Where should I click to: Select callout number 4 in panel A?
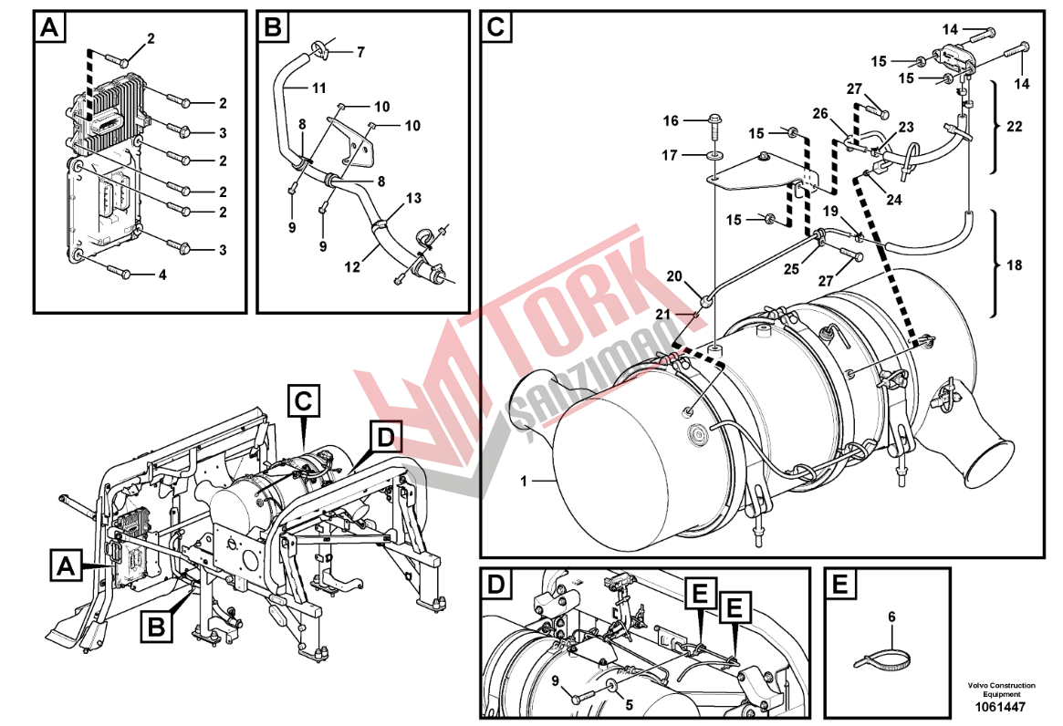click(163, 274)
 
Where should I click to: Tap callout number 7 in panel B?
click(360, 53)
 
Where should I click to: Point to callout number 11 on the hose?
click(318, 88)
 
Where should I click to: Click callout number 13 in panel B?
click(413, 198)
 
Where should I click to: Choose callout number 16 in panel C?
click(672, 120)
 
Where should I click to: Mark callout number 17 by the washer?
click(672, 156)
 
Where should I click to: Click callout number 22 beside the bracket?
click(1014, 127)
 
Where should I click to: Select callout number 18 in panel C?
click(1014, 265)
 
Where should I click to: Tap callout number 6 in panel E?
click(892, 617)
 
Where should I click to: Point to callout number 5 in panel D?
click(628, 703)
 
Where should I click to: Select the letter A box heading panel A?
click(49, 28)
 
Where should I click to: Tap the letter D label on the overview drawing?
click(385, 438)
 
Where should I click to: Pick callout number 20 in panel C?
click(673, 276)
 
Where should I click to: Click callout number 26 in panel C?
click(820, 114)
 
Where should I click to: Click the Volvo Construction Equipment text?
click(1002, 690)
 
